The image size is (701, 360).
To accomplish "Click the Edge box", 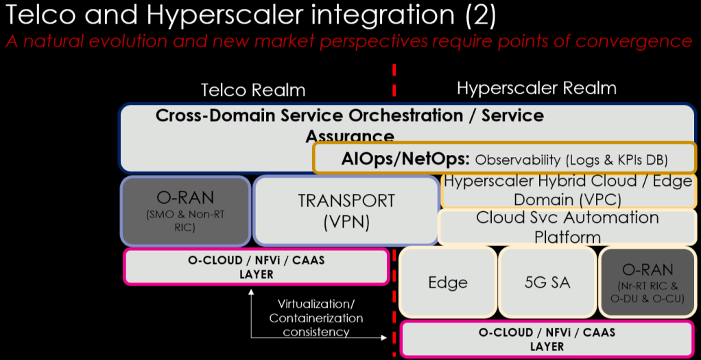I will (448, 282).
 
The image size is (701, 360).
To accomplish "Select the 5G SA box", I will (546, 282).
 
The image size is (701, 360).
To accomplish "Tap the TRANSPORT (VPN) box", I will (346, 211).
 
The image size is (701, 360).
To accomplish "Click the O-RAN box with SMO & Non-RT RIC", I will (185, 211).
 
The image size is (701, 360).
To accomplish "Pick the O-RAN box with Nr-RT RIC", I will (647, 282).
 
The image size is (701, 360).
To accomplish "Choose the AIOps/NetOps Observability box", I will (505, 159).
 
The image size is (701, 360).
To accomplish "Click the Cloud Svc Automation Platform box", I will (567, 227).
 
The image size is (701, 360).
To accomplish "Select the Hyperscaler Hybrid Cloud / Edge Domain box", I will (567, 191).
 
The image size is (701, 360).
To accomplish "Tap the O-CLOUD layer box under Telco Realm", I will (256, 267).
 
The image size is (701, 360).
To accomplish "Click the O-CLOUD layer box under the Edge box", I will (546, 339).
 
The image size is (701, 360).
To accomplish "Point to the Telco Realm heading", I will (252, 90).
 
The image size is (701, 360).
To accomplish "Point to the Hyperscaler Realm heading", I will (536, 88).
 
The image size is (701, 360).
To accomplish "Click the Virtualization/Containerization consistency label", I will (316, 317).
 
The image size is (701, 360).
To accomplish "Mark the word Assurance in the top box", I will (350, 136).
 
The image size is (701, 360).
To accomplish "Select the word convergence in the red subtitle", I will (633, 41).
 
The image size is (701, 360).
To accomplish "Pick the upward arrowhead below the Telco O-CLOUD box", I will (252, 292).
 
